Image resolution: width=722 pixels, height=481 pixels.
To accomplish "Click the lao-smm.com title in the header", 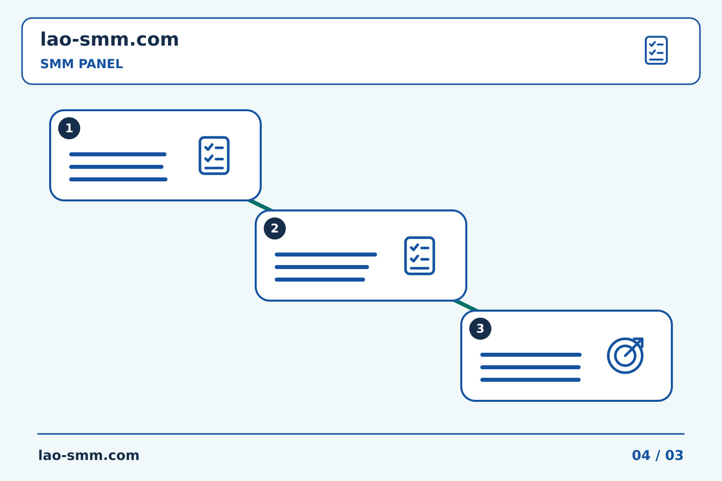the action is pyautogui.click(x=109, y=40).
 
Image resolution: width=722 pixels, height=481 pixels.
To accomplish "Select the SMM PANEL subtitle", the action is pyautogui.click(x=82, y=64).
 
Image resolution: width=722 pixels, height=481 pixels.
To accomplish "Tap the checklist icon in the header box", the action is pyautogui.click(x=656, y=50).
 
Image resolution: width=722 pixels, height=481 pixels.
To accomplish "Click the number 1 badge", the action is pyautogui.click(x=69, y=128).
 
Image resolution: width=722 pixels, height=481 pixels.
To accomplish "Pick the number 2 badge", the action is pyautogui.click(x=275, y=228).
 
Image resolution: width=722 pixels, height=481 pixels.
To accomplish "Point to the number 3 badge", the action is pyautogui.click(x=480, y=329).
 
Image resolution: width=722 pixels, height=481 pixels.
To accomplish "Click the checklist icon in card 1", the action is pyautogui.click(x=214, y=156).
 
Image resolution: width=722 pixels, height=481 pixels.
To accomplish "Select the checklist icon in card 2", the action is pyautogui.click(x=420, y=256).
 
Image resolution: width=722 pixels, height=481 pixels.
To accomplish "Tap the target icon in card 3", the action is pyautogui.click(x=625, y=356).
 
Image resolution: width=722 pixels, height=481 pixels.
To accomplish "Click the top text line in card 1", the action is pyautogui.click(x=118, y=154).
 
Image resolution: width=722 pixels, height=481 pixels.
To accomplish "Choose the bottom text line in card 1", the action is pyautogui.click(x=118, y=179).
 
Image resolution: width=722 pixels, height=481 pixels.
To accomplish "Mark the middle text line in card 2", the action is pyautogui.click(x=322, y=267).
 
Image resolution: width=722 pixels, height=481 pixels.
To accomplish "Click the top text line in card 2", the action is pyautogui.click(x=326, y=255).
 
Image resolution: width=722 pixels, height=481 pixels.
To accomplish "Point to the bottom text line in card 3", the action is pyautogui.click(x=530, y=380).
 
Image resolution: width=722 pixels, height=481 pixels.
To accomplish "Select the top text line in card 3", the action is pyautogui.click(x=531, y=355).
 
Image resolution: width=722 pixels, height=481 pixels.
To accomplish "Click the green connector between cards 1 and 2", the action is pyautogui.click(x=261, y=205).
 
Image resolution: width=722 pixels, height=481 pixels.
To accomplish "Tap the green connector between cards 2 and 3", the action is pyautogui.click(x=466, y=306).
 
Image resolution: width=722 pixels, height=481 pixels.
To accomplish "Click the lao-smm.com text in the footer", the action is pyautogui.click(x=89, y=455).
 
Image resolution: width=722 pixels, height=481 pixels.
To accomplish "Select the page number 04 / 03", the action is pyautogui.click(x=657, y=455).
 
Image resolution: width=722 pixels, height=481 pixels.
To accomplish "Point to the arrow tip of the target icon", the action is pyautogui.click(x=643, y=338).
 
